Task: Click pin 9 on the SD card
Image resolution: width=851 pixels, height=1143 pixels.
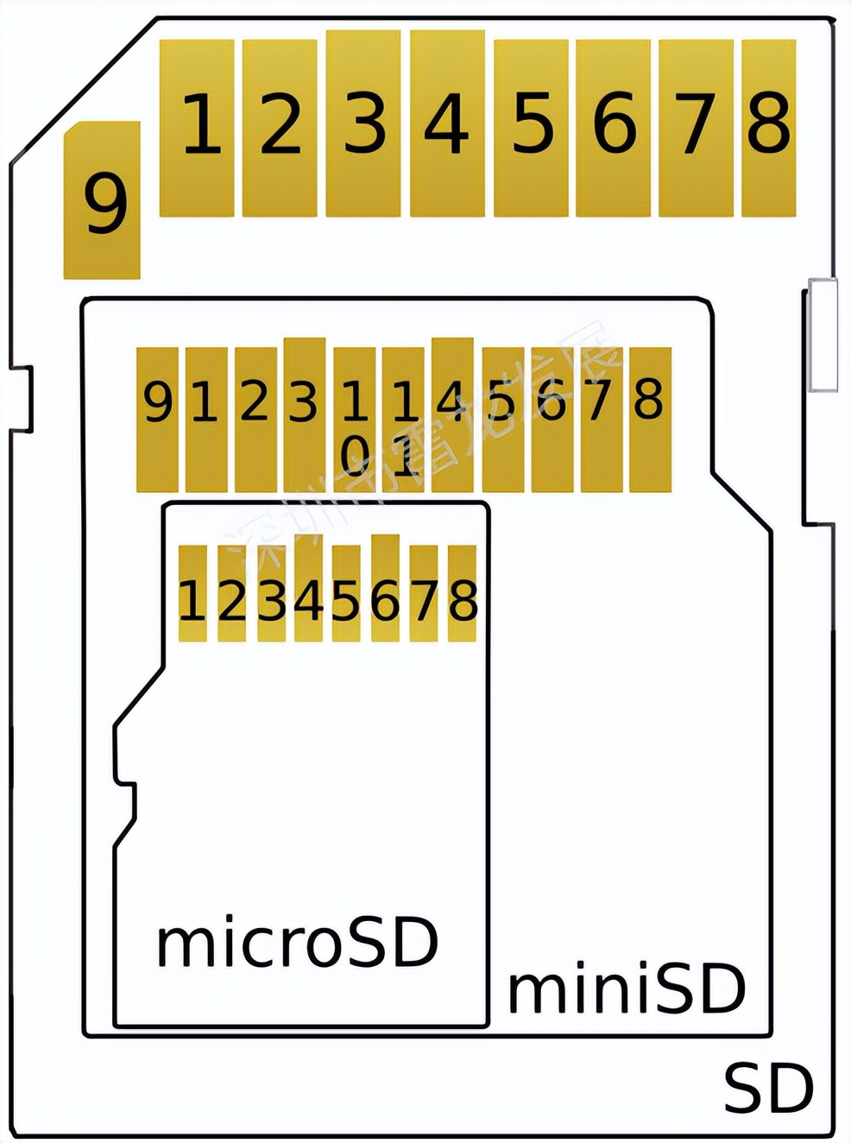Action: point(102,200)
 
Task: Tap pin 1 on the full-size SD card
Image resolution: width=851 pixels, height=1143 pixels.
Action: point(197,127)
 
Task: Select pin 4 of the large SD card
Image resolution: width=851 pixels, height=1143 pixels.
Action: point(447,123)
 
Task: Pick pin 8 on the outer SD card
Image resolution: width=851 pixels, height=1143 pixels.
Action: point(768,127)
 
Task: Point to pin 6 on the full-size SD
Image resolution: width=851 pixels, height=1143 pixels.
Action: point(613,127)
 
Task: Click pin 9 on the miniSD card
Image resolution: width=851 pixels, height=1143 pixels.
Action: point(157,420)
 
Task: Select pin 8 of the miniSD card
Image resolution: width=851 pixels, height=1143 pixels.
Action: point(650,420)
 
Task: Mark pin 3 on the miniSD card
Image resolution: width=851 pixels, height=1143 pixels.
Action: point(304,414)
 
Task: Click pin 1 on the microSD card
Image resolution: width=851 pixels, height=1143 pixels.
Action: point(192,594)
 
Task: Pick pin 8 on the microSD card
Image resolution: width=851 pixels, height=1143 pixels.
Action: point(463,594)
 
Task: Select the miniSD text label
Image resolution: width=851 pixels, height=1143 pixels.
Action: point(627,989)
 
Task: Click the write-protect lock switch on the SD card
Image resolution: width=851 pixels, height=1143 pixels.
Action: point(823,334)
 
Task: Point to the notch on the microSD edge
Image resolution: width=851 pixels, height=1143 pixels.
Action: point(126,801)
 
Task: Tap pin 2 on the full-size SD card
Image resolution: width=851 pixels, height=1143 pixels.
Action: point(280,127)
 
